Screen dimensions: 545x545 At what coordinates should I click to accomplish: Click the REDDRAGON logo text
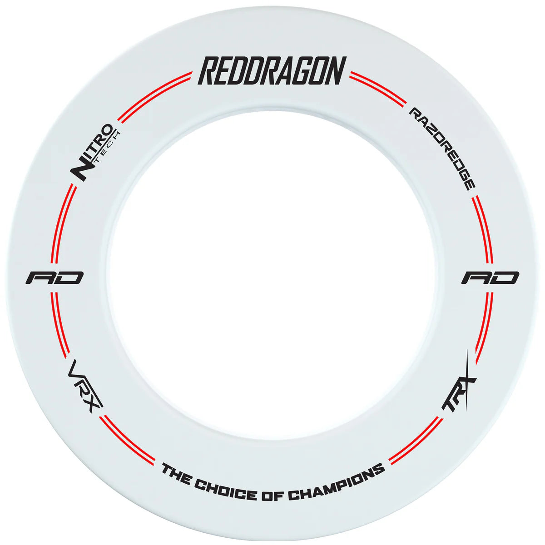click(272, 71)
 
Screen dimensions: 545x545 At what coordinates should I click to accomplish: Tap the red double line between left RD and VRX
click(59, 322)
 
